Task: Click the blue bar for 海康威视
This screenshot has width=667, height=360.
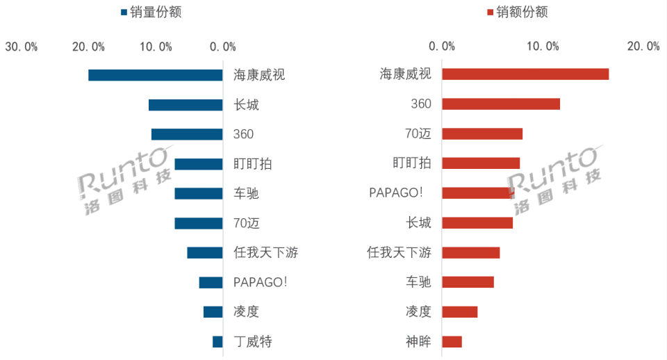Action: [x=155, y=75]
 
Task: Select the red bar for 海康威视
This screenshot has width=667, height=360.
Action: [x=525, y=74]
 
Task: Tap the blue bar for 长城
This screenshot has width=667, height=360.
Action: [x=186, y=105]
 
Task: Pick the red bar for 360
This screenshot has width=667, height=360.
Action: [x=501, y=104]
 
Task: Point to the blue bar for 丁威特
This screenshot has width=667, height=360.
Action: [x=217, y=341]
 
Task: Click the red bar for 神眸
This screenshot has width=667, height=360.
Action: [x=452, y=341]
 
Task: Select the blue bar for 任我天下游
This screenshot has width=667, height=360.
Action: [x=205, y=253]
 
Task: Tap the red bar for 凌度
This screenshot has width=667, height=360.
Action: [x=460, y=312]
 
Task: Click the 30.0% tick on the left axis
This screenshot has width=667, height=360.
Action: [x=22, y=47]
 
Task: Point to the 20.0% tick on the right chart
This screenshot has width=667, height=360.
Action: [x=643, y=47]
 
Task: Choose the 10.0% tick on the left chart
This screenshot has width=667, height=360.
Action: [x=156, y=47]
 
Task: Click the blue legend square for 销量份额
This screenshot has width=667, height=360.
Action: [x=124, y=13]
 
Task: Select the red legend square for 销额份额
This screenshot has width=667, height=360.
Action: [x=491, y=13]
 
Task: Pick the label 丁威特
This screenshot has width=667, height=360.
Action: [x=253, y=341]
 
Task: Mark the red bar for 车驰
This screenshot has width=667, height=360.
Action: [x=468, y=282]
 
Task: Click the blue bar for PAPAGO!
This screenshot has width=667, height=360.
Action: [x=211, y=282]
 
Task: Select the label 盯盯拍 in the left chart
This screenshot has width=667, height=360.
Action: [x=253, y=164]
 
